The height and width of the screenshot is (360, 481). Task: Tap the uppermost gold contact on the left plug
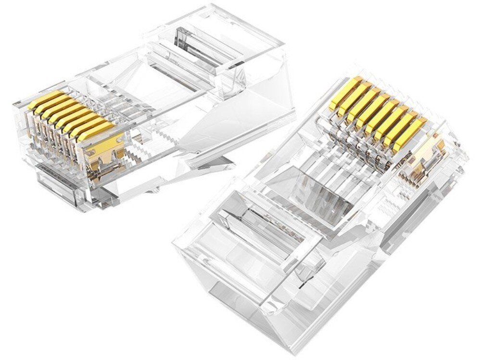tap(46, 99)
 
